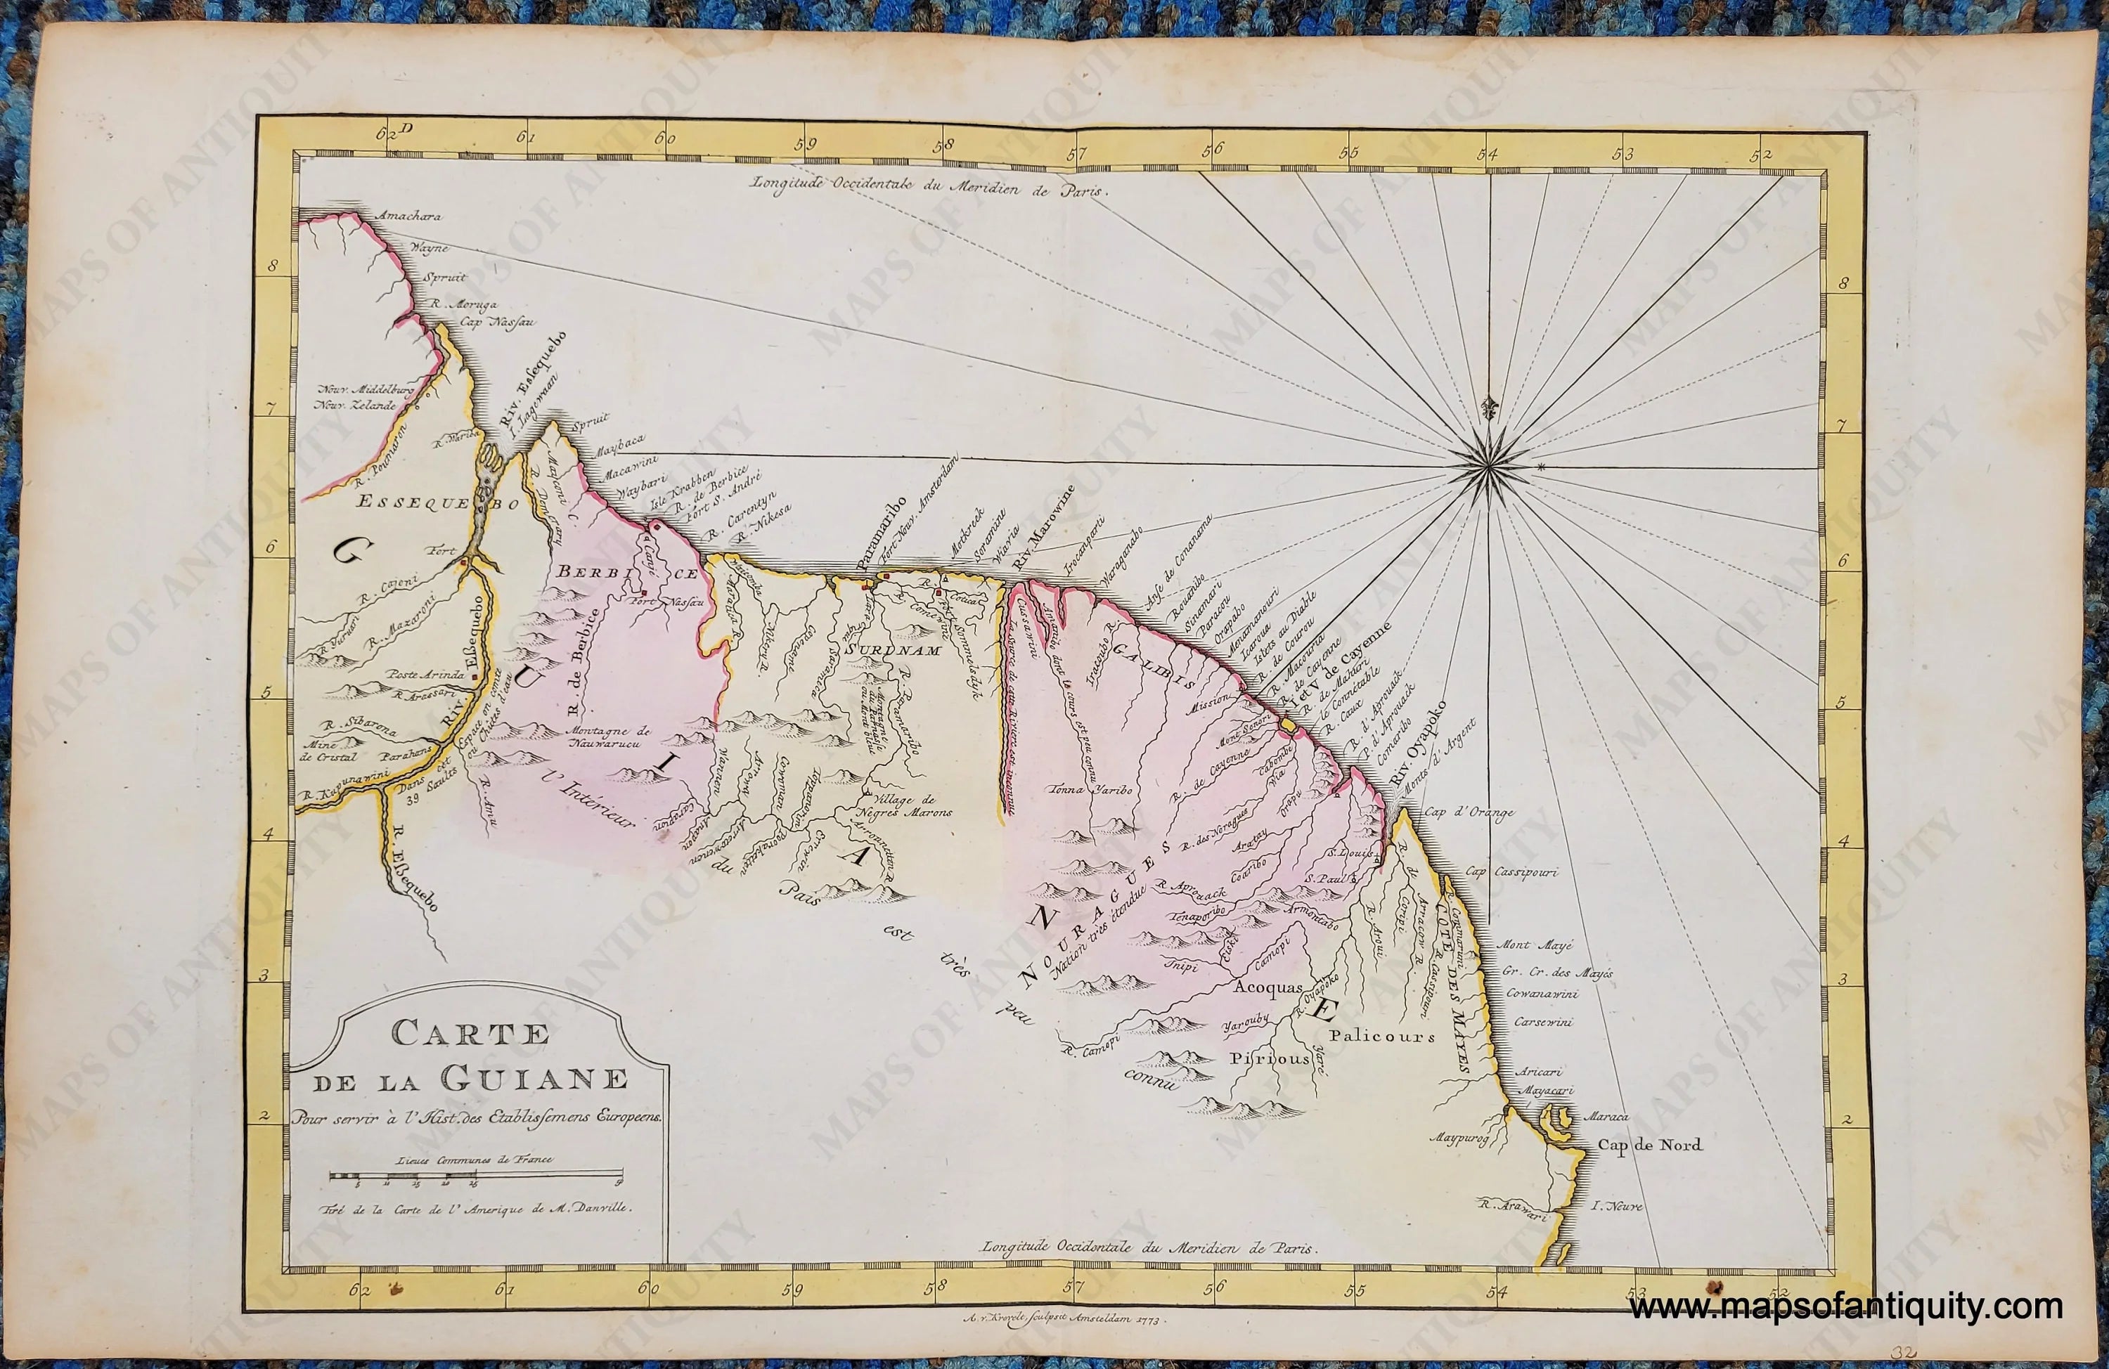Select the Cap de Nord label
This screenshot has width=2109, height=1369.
(1650, 1145)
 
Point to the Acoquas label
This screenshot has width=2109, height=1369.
(1269, 987)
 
